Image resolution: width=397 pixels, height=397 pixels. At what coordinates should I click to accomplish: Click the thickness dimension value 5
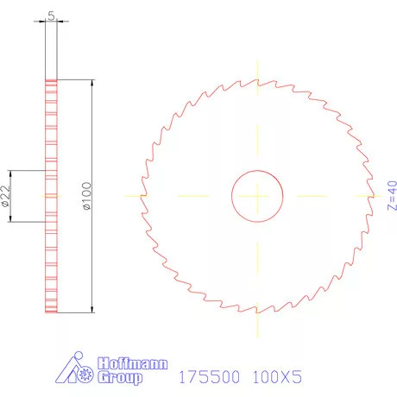point(52,14)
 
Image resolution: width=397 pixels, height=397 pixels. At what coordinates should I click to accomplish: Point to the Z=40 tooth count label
point(391,196)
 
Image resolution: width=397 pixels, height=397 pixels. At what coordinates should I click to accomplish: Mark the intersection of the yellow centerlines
point(257,196)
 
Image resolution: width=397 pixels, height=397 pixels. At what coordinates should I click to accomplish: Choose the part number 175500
point(207,378)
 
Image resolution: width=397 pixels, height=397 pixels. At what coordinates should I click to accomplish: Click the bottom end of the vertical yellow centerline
point(257,335)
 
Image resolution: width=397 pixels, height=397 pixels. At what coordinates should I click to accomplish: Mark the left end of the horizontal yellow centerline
point(126,196)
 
